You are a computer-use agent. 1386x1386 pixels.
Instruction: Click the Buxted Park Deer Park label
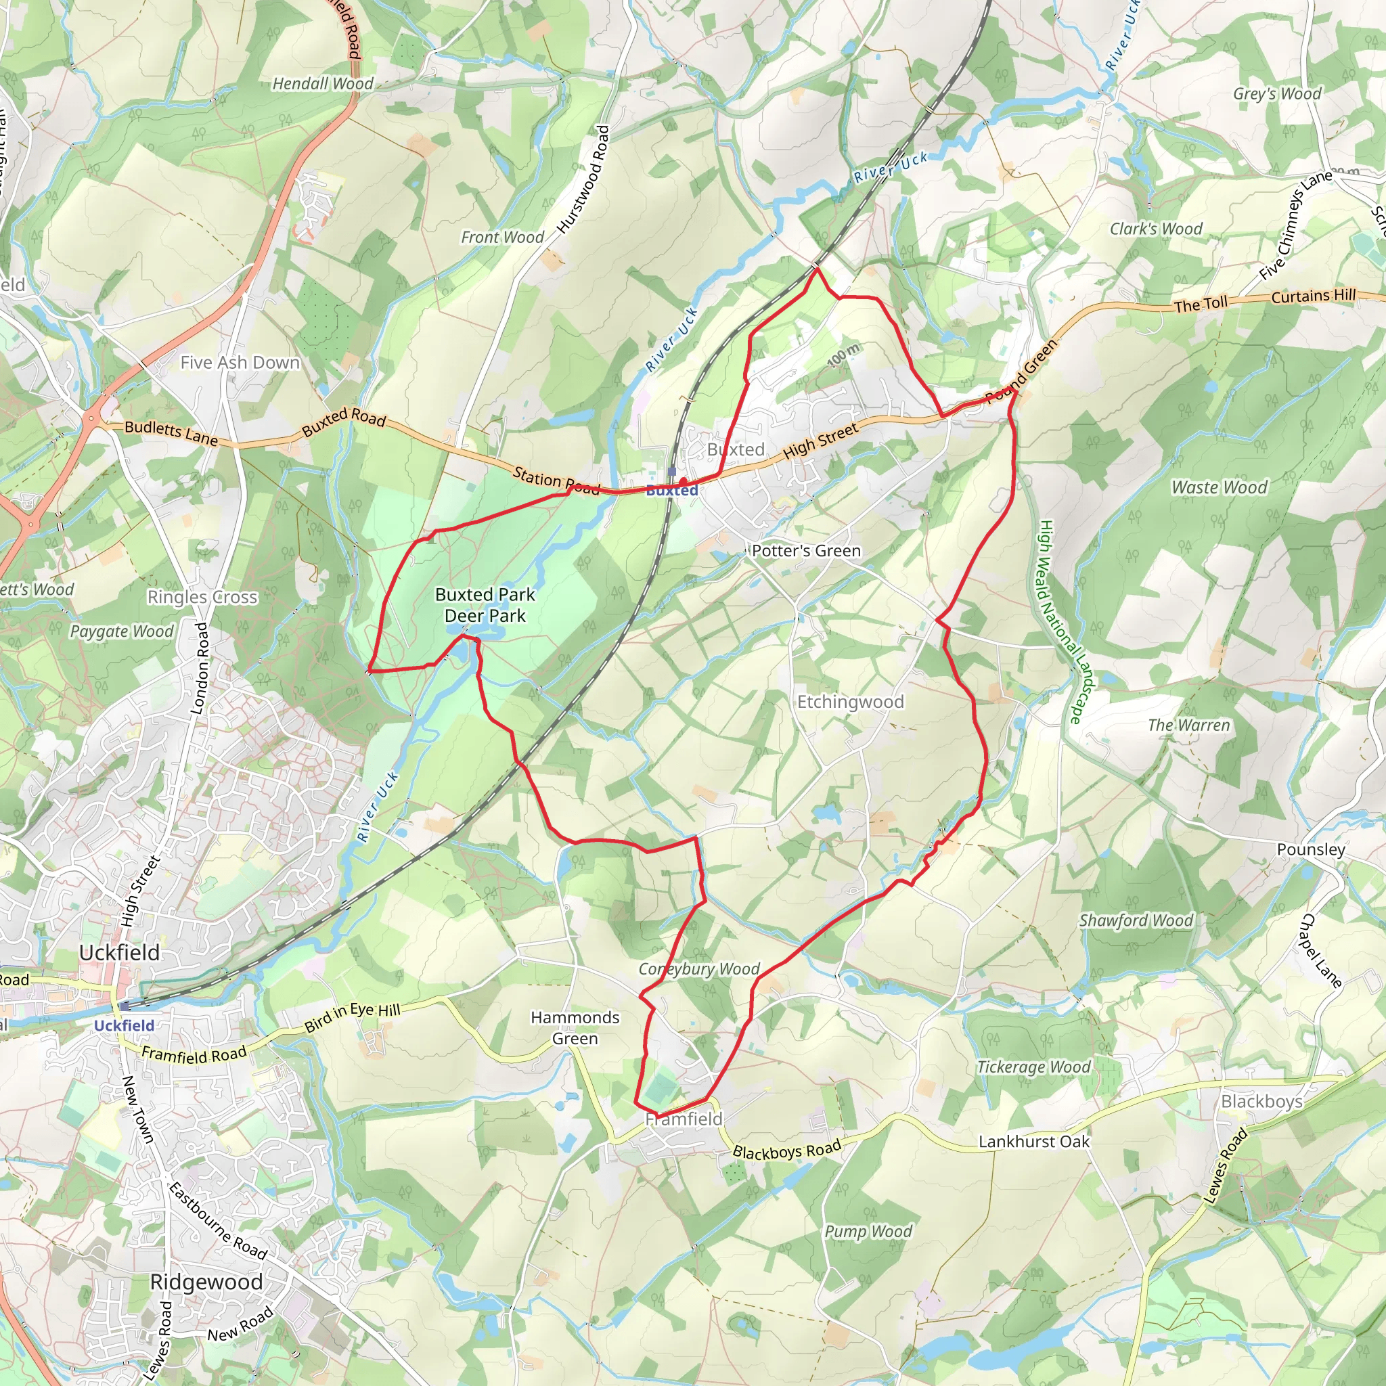pos(485,605)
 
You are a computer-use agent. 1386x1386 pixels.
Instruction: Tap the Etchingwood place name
pos(850,702)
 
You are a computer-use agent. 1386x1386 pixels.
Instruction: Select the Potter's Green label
pos(805,551)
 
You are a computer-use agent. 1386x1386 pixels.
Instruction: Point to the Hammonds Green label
pos(575,1027)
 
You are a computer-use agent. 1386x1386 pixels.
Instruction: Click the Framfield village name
pos(684,1119)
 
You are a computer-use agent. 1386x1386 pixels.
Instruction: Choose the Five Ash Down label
pos(240,362)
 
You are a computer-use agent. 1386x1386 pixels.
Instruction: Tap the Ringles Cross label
pos(202,597)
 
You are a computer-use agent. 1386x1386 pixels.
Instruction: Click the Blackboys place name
pos(1261,1101)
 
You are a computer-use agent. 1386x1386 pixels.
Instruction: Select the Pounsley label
pos(1311,849)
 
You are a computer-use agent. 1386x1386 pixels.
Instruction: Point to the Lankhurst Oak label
pos(1034,1142)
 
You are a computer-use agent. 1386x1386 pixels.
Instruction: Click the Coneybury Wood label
pos(698,969)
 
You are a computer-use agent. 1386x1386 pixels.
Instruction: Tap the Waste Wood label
pos(1219,488)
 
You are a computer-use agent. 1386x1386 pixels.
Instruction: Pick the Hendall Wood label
pos(323,84)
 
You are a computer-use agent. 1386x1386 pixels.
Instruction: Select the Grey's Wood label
pos(1277,94)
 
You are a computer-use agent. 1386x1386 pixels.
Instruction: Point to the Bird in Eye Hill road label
pos(352,1017)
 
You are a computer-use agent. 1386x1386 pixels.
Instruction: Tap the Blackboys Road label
pos(786,1150)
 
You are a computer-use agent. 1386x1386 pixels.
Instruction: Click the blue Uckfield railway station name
pos(124,1025)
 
